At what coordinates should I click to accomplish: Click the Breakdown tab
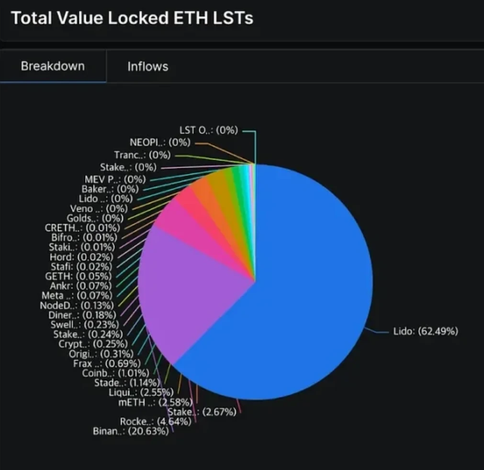coord(53,66)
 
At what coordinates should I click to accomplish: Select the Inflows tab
coord(147,66)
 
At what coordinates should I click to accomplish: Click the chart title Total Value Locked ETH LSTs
coord(132,18)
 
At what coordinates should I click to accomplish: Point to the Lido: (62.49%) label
coord(426,331)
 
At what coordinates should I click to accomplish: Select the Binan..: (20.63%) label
coord(131,431)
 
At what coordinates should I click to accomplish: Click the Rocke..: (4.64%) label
coord(156,422)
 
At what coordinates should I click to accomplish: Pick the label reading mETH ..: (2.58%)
coord(155,402)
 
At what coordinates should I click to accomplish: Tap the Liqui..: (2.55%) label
coord(141,392)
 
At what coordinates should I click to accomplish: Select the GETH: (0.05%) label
coord(78,276)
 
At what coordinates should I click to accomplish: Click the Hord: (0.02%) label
coord(81,256)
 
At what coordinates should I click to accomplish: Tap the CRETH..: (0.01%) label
coord(82,228)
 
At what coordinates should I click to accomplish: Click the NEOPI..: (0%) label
coord(160,142)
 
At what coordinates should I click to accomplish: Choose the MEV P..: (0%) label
coord(115,180)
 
